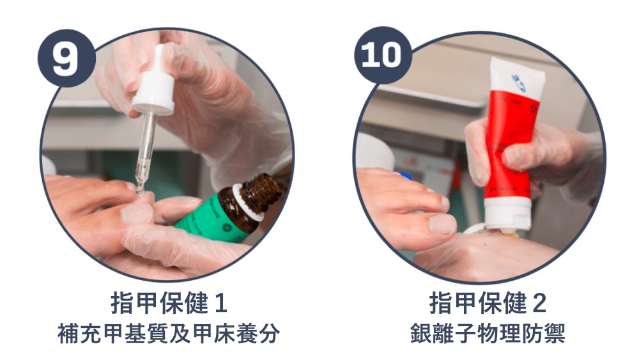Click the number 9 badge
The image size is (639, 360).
[65, 58]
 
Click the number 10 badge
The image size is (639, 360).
[382, 56]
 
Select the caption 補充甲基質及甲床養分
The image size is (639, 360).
[169, 334]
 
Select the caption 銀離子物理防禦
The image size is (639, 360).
[488, 334]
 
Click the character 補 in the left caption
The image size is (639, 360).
[69, 334]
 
